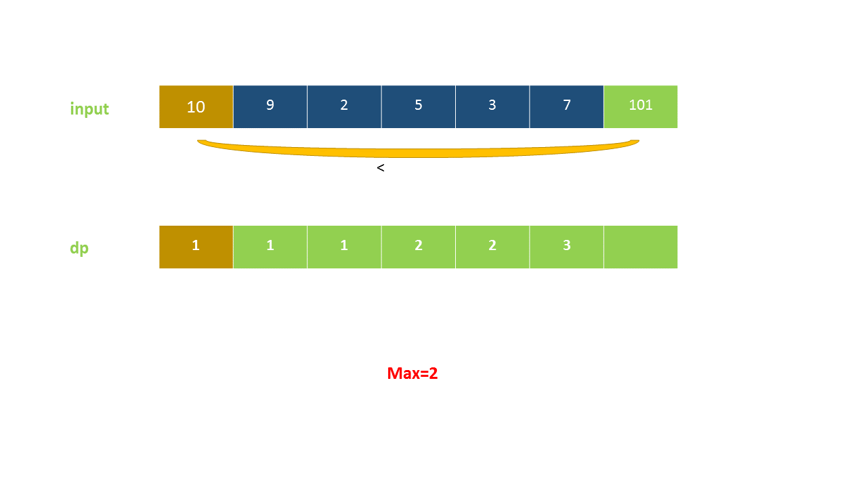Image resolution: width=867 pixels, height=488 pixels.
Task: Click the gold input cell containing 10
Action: coord(196,106)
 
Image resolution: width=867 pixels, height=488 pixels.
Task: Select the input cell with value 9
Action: coord(270,106)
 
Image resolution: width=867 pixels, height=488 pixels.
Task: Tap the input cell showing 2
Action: coord(344,106)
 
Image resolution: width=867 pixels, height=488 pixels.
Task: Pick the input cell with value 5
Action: coord(418,106)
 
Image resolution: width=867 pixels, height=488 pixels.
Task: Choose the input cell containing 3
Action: coord(492,106)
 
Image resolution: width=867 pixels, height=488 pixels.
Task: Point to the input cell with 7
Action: coord(566,106)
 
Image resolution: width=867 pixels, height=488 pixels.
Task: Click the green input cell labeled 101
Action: coord(640,106)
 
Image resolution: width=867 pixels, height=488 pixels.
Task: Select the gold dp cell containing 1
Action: coord(196,247)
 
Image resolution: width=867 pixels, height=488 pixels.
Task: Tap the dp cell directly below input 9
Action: coord(270,247)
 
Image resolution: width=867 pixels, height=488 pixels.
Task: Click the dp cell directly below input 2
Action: coord(344,247)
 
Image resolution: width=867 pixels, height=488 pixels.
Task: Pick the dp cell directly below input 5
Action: coord(418,247)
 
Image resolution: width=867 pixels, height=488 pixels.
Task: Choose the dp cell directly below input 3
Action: coord(492,247)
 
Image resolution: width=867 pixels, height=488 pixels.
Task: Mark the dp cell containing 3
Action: coord(566,247)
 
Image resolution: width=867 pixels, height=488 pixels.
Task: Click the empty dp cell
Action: coord(640,247)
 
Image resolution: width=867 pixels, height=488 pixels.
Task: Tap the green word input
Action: coord(89,109)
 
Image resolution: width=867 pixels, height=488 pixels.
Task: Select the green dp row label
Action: coord(79,248)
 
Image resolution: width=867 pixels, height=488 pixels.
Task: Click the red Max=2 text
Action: coord(413,373)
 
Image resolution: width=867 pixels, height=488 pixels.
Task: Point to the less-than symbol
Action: coord(381,168)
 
